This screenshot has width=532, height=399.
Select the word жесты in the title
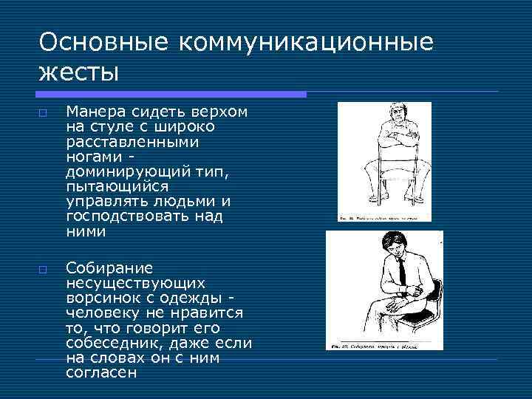(78, 73)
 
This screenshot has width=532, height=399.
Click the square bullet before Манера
(43, 113)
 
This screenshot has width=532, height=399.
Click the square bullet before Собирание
(43, 268)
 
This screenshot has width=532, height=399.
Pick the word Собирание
(109, 267)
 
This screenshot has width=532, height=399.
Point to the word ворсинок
(97, 298)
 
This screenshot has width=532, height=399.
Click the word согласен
(102, 373)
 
